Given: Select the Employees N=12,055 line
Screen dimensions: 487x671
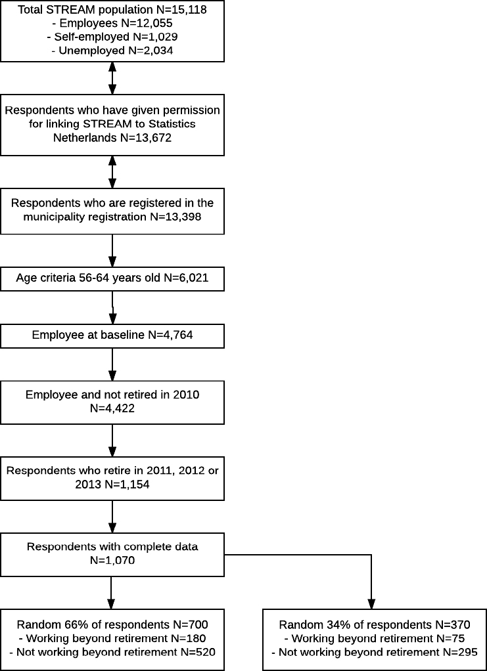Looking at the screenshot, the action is [x=112, y=23].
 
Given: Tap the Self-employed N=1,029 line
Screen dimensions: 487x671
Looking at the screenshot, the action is [x=112, y=37].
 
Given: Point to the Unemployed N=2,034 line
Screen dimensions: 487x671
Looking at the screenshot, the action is [x=112, y=51].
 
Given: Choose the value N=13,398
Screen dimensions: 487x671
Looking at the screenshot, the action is [x=175, y=217].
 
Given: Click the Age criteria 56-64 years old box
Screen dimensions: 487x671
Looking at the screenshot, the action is [x=112, y=277].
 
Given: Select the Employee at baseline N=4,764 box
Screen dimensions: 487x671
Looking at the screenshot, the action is [x=112, y=334].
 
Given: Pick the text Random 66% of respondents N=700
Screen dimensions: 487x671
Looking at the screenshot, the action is [x=112, y=625].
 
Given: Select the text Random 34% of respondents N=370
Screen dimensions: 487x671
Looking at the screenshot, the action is [x=375, y=625].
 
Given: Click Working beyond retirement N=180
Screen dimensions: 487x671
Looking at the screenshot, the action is [x=112, y=639].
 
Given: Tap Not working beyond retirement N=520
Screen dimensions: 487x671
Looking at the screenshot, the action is [x=112, y=653].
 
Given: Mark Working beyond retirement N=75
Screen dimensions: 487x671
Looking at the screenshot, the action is [x=375, y=639].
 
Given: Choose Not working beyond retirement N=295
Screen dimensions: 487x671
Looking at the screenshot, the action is [x=375, y=653].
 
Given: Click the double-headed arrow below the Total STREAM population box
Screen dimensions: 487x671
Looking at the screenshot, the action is [x=112, y=78].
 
